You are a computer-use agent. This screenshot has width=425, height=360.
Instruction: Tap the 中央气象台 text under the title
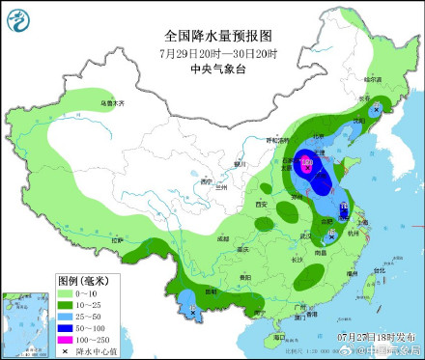tap(212, 69)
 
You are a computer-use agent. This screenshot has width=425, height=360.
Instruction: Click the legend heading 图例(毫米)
tap(85, 280)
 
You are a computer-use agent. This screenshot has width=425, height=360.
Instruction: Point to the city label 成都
tap(222, 237)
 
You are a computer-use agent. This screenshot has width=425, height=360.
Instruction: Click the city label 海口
tap(279, 338)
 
